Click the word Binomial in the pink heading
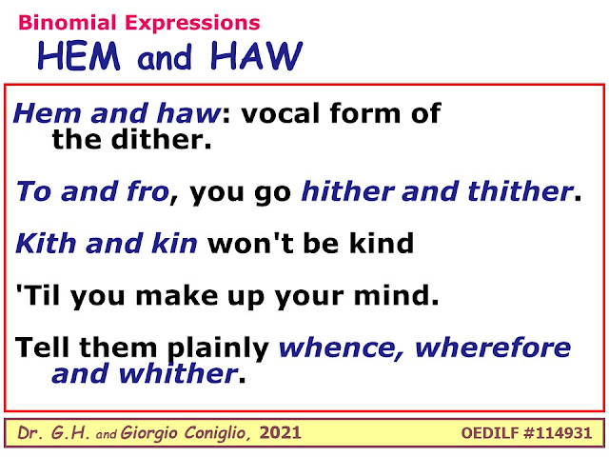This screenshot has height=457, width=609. [x=68, y=23]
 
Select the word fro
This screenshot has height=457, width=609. [x=151, y=191]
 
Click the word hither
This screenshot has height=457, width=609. [x=348, y=191]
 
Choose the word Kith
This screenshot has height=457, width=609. [x=46, y=244]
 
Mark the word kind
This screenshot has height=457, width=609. [x=382, y=244]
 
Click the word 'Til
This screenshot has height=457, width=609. [x=38, y=295]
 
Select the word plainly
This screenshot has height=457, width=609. [x=218, y=348]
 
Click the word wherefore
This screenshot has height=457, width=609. [x=493, y=348]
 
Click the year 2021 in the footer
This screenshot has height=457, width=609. [x=280, y=433]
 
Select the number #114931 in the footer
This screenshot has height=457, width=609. [x=558, y=433]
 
